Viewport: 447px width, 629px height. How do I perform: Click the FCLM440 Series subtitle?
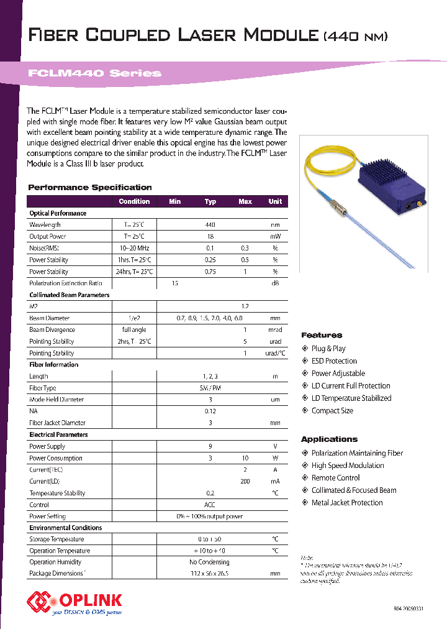(94, 73)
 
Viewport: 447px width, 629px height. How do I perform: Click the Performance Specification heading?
(90, 187)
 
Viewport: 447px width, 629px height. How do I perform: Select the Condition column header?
(134, 201)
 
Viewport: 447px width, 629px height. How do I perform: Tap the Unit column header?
(274, 201)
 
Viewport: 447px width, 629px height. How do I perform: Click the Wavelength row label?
(45, 225)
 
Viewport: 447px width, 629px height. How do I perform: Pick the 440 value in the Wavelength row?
(210, 225)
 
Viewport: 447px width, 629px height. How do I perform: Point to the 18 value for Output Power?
(210, 237)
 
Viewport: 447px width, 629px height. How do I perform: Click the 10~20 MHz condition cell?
(134, 249)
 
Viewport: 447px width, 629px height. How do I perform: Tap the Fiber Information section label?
(54, 365)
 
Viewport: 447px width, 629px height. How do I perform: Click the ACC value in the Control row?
(210, 505)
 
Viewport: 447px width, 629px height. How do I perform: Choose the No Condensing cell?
(210, 562)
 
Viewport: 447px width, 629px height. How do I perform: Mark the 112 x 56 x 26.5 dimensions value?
(210, 574)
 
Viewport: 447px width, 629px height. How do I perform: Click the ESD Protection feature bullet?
(334, 361)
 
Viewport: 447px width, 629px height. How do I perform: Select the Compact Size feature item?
(332, 411)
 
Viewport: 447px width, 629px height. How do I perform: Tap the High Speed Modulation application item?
(347, 466)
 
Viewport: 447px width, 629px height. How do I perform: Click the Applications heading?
(329, 439)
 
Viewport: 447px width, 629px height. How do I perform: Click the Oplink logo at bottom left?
(74, 602)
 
